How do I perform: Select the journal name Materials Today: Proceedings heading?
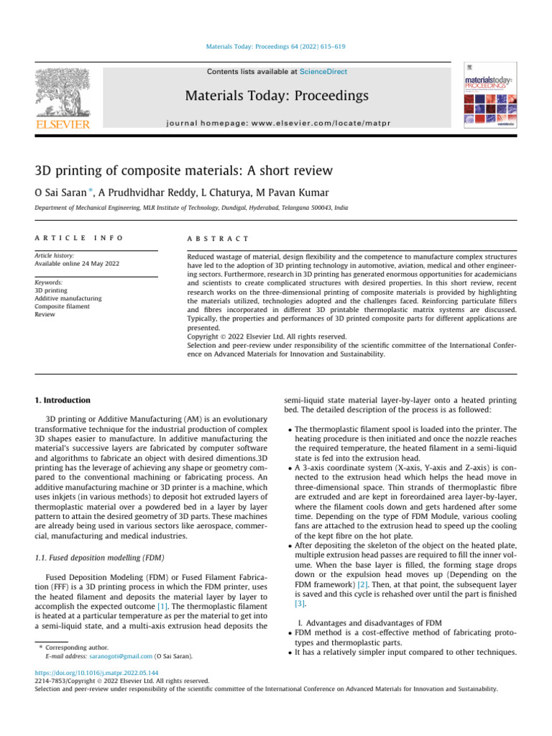[x=277, y=96]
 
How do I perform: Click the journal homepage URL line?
[x=277, y=123]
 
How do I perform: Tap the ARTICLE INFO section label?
[x=79, y=238]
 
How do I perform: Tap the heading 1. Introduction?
[x=63, y=400]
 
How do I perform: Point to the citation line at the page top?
[x=277, y=47]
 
